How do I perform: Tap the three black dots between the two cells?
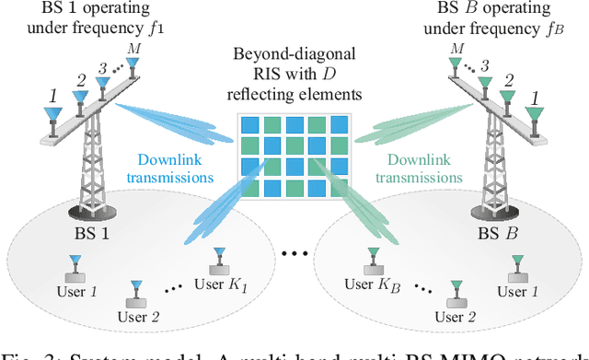295,250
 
